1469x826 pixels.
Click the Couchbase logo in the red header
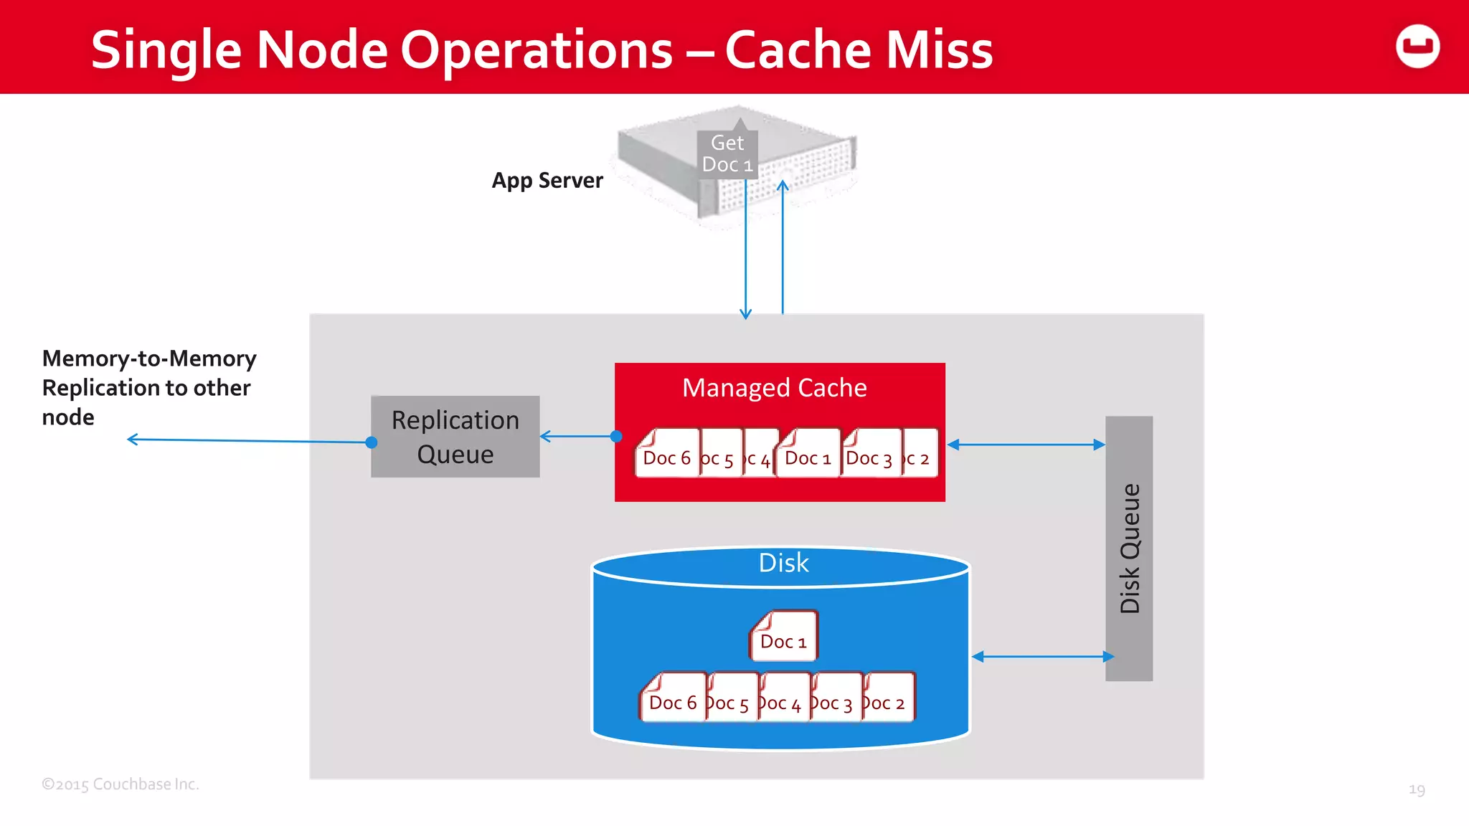1417,47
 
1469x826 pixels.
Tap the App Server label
547,180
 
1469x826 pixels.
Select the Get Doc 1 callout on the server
727,153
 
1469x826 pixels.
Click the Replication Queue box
455,437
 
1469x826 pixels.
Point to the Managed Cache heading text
774,388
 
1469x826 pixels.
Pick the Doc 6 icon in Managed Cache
667,454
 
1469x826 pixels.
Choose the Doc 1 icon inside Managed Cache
808,454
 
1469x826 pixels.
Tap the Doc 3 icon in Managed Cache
869,454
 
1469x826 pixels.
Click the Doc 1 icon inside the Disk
783,637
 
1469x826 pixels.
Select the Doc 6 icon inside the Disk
673,698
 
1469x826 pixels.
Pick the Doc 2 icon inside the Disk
888,698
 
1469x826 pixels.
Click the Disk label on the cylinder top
783,564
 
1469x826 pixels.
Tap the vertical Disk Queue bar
1129,549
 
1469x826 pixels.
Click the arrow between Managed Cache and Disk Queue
1026,445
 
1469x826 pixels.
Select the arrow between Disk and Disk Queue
1043,656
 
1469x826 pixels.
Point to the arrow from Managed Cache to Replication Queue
578,436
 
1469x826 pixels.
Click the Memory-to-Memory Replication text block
148,387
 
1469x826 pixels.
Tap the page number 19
1417,789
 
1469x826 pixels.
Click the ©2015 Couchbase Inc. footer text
121,784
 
